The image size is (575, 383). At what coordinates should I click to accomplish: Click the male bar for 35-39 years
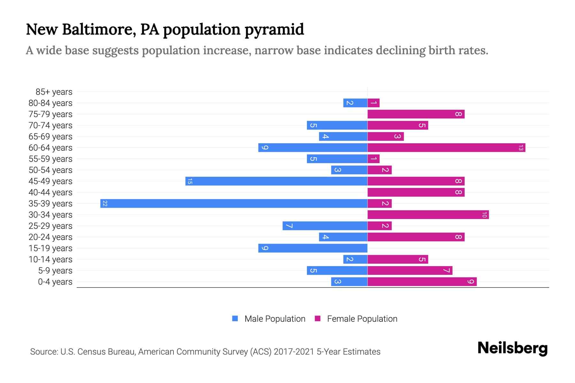point(234,203)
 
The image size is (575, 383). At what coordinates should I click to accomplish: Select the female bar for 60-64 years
point(446,147)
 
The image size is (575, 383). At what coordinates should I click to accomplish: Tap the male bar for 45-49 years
point(276,181)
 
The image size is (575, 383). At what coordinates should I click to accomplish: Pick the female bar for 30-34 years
point(428,214)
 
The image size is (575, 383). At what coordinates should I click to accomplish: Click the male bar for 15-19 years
point(313,248)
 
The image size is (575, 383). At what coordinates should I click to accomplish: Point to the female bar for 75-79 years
point(416,114)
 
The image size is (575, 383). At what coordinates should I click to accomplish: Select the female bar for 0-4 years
point(422,282)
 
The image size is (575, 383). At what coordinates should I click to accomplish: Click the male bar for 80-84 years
point(355,103)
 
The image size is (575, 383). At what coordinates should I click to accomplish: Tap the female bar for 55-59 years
point(373,159)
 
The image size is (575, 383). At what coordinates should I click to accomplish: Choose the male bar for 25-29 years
point(325,226)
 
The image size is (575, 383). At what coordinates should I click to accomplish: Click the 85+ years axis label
point(54,92)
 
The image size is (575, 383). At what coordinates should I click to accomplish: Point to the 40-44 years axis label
point(50,192)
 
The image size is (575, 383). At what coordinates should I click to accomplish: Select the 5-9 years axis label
point(55,271)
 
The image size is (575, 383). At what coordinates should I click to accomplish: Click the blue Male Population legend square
point(235,319)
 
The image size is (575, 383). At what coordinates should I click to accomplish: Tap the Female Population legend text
point(362,319)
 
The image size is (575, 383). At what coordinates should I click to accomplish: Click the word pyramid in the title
point(274,30)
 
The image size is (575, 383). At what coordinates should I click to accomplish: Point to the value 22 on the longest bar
point(105,203)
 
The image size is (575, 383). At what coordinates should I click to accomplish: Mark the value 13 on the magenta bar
point(521,147)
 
